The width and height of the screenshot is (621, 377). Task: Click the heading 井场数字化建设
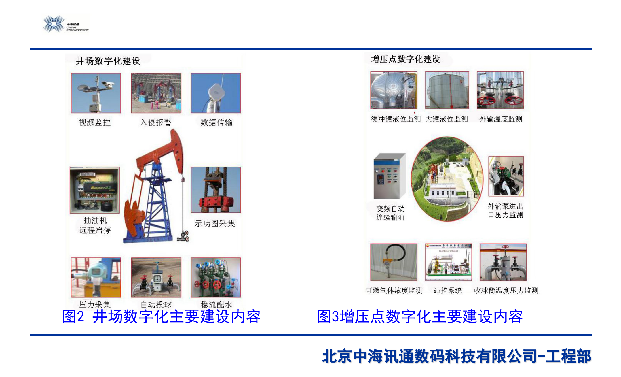pos(108,61)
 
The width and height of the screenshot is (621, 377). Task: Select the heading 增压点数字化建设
pos(405,59)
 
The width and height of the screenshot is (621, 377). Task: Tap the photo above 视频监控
pos(96,93)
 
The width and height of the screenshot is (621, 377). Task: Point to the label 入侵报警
pos(155,122)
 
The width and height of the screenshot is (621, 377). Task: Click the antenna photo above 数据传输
pos(216,93)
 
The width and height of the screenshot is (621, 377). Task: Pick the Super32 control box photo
pos(95,190)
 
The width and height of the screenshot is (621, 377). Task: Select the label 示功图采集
pos(215,223)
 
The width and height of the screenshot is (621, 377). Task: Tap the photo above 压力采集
pos(96,277)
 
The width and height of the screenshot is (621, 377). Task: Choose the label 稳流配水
pos(216,304)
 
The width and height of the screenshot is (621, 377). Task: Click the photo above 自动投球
pos(156,277)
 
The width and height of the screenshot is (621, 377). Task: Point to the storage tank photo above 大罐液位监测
pos(447,90)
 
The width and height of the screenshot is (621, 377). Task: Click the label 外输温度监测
pos(501,119)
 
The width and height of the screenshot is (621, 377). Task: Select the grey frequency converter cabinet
pos(390,176)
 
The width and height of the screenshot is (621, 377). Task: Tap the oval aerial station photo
pos(447,179)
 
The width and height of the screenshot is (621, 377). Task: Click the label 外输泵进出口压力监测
pos(506,210)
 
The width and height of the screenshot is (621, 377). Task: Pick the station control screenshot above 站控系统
pos(448,262)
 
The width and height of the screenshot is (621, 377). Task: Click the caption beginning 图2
pos(161,316)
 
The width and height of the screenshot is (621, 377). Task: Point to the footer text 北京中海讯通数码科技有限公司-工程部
pos(456,356)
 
